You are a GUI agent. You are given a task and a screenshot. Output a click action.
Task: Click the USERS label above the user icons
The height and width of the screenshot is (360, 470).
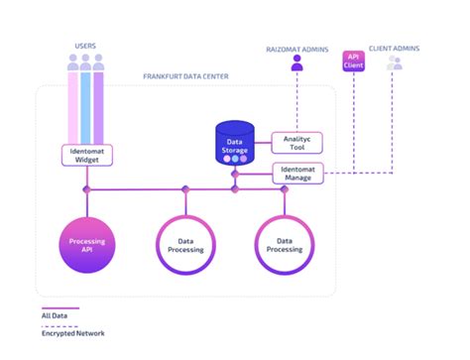point(85,45)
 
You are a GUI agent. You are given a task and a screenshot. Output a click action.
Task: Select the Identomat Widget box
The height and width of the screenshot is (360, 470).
point(85,154)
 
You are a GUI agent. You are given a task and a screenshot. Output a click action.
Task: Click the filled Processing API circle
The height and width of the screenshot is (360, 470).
point(86,243)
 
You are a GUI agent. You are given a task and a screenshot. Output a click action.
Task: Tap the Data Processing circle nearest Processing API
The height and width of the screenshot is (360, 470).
point(184,243)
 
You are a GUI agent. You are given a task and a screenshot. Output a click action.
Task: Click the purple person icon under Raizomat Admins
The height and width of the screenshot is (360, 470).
point(295,63)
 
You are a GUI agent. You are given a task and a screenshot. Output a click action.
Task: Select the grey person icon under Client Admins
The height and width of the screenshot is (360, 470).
point(395,63)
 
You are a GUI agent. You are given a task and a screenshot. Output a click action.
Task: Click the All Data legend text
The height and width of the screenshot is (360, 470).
point(55,315)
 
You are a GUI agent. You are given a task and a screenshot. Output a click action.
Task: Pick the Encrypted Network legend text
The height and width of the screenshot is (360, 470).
point(72,333)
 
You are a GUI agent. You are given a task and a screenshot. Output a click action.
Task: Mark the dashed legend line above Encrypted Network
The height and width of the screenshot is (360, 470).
point(59,324)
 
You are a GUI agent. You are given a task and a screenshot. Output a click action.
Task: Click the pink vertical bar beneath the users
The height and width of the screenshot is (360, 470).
point(72,109)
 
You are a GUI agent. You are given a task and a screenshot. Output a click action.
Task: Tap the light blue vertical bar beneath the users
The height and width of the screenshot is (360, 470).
point(85,109)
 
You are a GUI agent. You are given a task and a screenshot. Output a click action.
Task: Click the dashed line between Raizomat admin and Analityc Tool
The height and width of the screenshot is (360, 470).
point(295,104)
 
